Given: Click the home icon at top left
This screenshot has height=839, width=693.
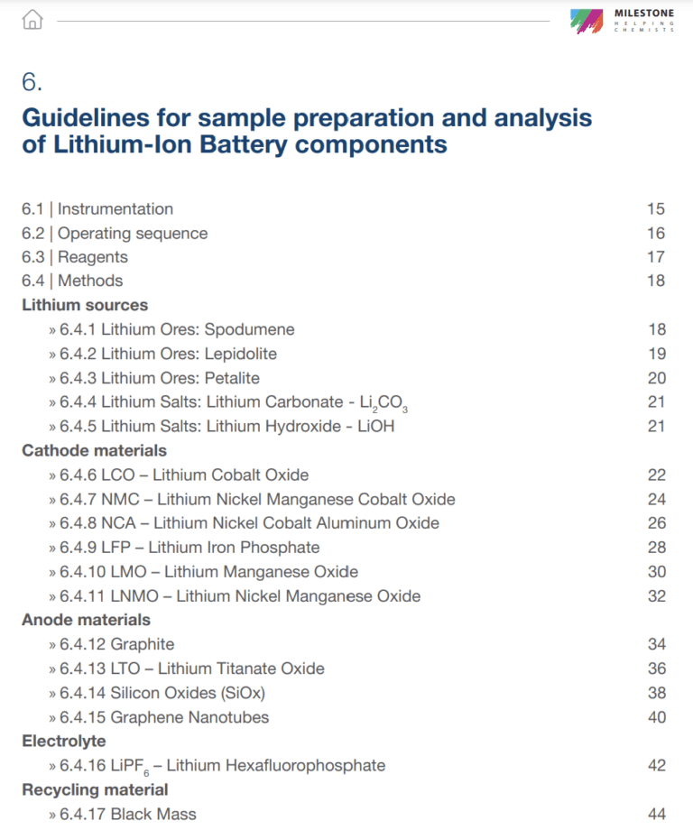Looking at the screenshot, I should (32, 19).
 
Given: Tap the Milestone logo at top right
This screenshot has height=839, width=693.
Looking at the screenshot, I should (623, 20).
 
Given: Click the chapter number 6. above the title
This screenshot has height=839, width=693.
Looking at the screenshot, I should (32, 82).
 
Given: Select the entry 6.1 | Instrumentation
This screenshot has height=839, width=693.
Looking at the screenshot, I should (97, 209).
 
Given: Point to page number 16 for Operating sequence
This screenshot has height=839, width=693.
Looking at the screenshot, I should (656, 234).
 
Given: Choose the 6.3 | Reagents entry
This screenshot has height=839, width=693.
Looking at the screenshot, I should (75, 257).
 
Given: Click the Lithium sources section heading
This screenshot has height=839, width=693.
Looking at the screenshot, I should (85, 305).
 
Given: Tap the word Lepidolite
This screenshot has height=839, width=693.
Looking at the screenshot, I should (241, 354).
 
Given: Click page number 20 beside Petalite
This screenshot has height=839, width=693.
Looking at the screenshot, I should (656, 378).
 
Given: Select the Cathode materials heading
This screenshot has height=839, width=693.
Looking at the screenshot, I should (94, 450).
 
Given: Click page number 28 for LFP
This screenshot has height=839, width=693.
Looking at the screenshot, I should (656, 548).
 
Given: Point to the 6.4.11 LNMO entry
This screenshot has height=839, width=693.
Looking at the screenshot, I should (240, 595).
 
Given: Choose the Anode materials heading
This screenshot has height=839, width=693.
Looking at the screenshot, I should (86, 620).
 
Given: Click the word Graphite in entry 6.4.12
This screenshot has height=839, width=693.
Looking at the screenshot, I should (143, 644).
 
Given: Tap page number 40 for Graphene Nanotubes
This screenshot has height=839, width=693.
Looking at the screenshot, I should (656, 717).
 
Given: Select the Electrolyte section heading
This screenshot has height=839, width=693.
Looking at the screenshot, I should (64, 741).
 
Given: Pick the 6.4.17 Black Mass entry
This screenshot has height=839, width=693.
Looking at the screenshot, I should (127, 814).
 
